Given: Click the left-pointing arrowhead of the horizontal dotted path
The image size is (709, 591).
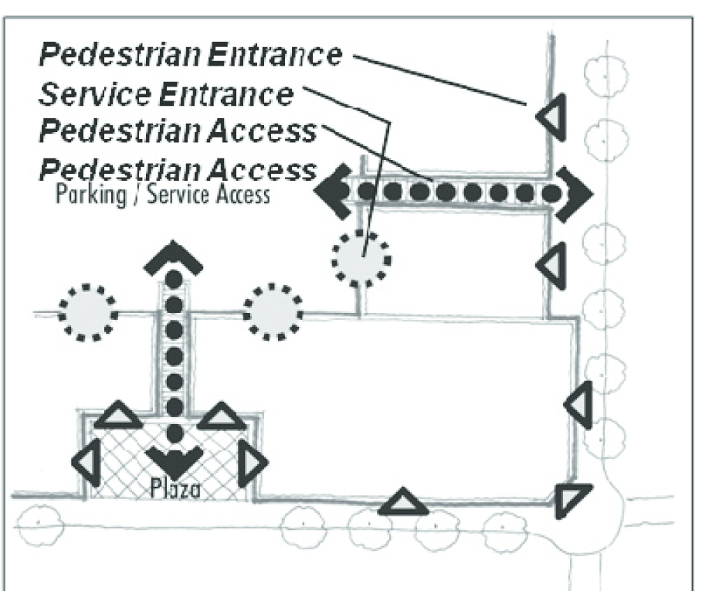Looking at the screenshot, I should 331,190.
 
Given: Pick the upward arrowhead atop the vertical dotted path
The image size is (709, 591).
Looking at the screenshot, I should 174,257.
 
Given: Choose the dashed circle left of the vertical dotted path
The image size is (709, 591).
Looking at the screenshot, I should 88,312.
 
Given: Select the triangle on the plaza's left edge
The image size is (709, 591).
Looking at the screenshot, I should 86,463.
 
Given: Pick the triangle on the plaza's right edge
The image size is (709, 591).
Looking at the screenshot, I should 253,463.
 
